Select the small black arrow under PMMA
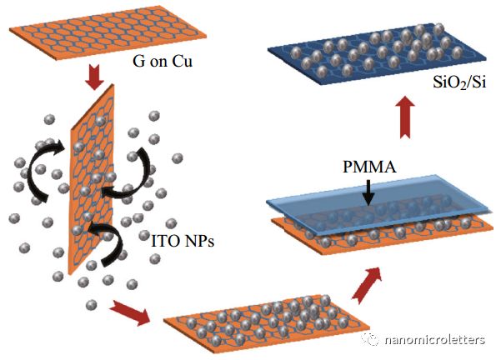[x=368, y=193]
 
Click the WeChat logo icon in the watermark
[x=370, y=339]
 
